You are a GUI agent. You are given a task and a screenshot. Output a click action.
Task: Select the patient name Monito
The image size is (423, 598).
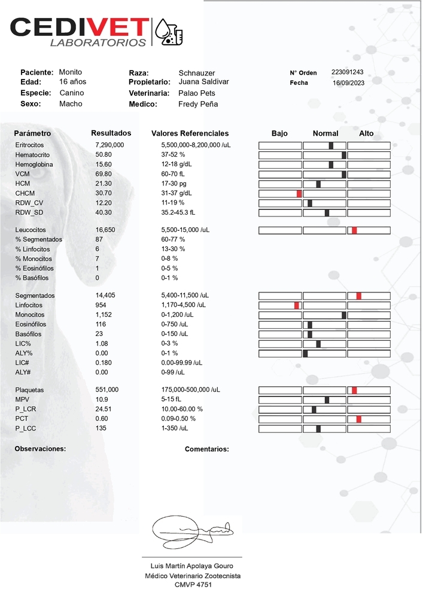[x=71, y=72]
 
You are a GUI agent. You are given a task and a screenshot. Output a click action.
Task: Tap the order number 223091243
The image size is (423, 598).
[x=347, y=72]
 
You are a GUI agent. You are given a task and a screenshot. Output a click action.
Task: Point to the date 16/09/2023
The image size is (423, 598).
[x=348, y=83]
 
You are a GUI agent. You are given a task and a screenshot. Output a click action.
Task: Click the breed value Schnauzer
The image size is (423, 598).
[x=196, y=73]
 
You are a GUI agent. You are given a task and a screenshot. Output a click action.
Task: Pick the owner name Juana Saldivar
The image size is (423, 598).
[x=203, y=82]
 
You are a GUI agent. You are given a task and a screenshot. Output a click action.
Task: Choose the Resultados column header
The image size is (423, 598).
[x=111, y=133]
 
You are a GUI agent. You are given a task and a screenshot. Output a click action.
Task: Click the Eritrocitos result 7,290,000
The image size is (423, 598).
[x=109, y=145]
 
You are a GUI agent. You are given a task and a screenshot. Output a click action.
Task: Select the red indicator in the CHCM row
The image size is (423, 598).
[x=299, y=193]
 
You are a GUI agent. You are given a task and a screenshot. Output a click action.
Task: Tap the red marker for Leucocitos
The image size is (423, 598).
[x=354, y=230]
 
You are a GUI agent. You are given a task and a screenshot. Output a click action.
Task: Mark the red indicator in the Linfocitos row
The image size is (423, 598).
[x=296, y=306]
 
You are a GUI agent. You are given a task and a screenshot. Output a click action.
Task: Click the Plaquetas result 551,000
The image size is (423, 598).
[x=106, y=390]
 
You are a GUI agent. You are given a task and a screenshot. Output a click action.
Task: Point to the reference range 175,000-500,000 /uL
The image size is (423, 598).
[x=190, y=390]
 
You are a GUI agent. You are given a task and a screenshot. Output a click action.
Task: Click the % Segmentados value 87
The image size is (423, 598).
[x=99, y=240]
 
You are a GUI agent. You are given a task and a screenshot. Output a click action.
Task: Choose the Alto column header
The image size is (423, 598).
[x=366, y=133]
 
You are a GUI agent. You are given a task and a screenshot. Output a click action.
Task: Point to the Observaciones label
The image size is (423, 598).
[x=40, y=448]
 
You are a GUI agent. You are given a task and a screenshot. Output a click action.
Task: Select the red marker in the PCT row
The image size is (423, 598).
[x=358, y=419]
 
